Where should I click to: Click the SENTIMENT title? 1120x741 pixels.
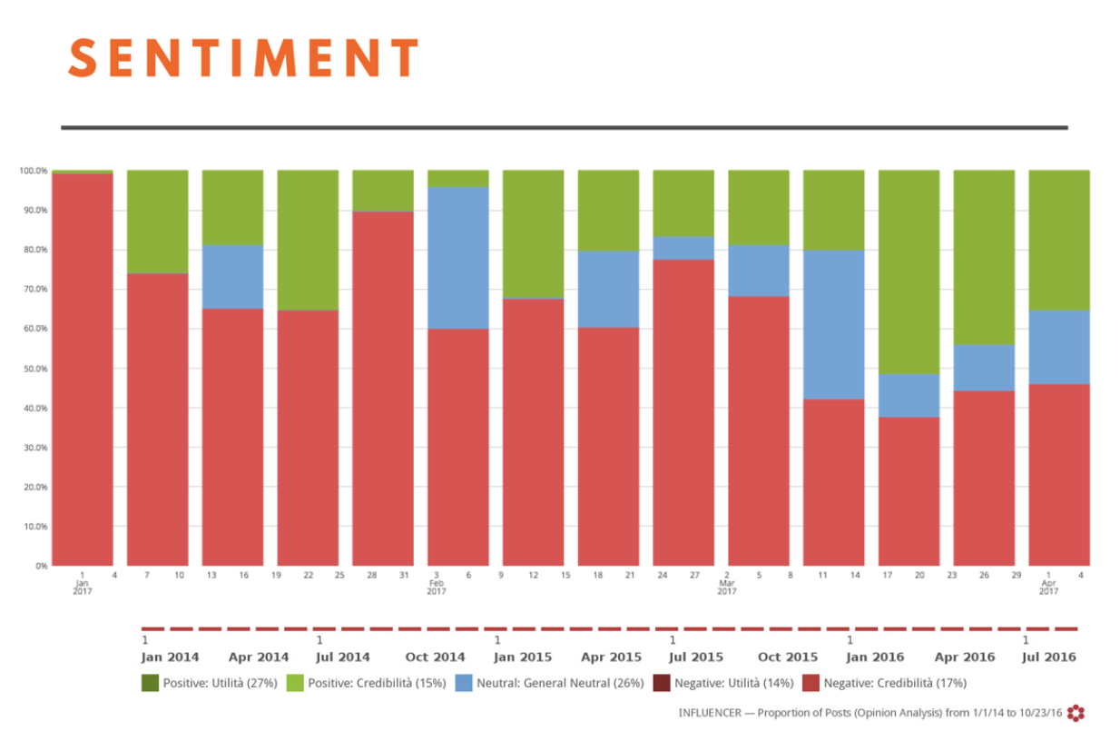pos(243,59)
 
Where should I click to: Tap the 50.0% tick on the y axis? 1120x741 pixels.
pos(34,369)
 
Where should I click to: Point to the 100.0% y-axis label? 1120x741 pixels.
pos(33,171)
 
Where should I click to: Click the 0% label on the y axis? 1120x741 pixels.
pos(41,566)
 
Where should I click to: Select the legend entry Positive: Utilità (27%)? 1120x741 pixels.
pos(201,683)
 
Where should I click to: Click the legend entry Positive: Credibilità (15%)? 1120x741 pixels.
pos(366,683)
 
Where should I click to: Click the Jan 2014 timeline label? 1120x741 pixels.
pos(170,657)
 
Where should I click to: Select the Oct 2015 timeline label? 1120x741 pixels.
pos(787,657)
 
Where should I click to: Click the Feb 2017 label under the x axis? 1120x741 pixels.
pos(436,583)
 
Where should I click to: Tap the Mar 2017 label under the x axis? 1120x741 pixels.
pos(726,583)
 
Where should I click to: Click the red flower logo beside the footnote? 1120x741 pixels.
pos(1076,713)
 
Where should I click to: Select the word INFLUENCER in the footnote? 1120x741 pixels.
pos(711,713)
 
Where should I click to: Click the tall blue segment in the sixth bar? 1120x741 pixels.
pos(458,257)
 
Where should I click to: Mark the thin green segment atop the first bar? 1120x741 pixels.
pos(83,171)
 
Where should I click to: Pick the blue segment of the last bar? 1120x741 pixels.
pos(1059,347)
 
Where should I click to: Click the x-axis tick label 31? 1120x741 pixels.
pos(403,575)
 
